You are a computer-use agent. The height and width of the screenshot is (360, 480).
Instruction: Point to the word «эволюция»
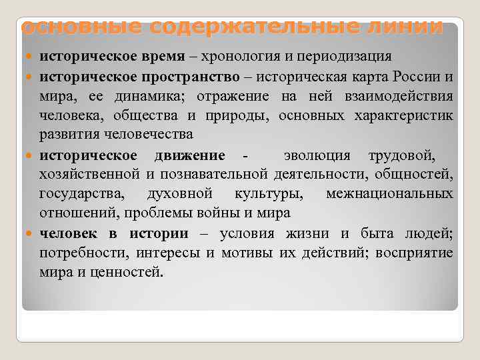point(317,155)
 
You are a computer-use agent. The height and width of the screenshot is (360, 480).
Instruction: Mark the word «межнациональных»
point(389,195)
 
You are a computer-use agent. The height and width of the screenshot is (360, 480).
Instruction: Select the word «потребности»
point(84,253)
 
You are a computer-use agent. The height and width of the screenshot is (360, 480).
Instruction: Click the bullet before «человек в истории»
point(31,234)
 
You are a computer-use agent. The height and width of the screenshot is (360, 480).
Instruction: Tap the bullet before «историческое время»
point(31,58)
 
